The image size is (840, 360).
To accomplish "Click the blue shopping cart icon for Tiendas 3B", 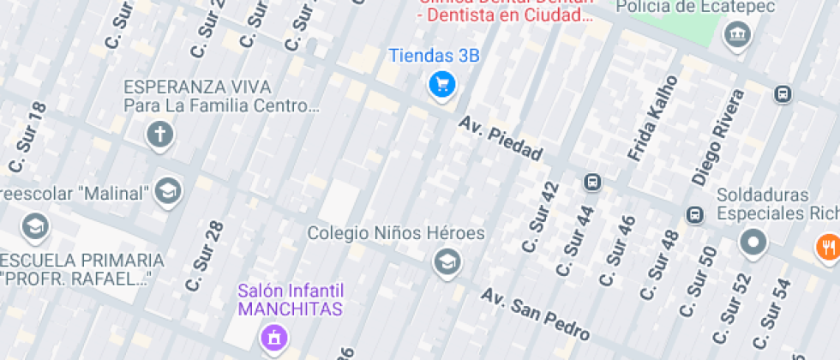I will coord(442,84).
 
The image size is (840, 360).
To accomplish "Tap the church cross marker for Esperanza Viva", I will coord(159,134).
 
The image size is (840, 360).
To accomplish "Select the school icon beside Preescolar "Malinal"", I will coord(168,190).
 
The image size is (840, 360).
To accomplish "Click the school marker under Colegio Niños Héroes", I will coord(446,261).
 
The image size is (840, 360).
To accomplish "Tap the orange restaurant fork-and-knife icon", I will coord(827,247).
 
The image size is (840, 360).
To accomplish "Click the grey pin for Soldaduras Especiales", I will coord(753,242).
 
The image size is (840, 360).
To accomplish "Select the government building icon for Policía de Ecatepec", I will coord(736,35).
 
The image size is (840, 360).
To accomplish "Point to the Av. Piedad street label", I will coord(501,140).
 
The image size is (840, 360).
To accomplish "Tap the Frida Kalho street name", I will coord(653,118).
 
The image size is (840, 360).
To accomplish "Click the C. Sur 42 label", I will coord(540,218).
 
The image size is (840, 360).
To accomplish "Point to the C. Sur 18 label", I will coord(27,137).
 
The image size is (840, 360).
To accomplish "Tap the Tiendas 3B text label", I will coord(434,57).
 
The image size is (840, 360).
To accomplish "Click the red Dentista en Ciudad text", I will coord(505,15).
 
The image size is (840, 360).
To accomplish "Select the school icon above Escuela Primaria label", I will coord(35,226).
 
